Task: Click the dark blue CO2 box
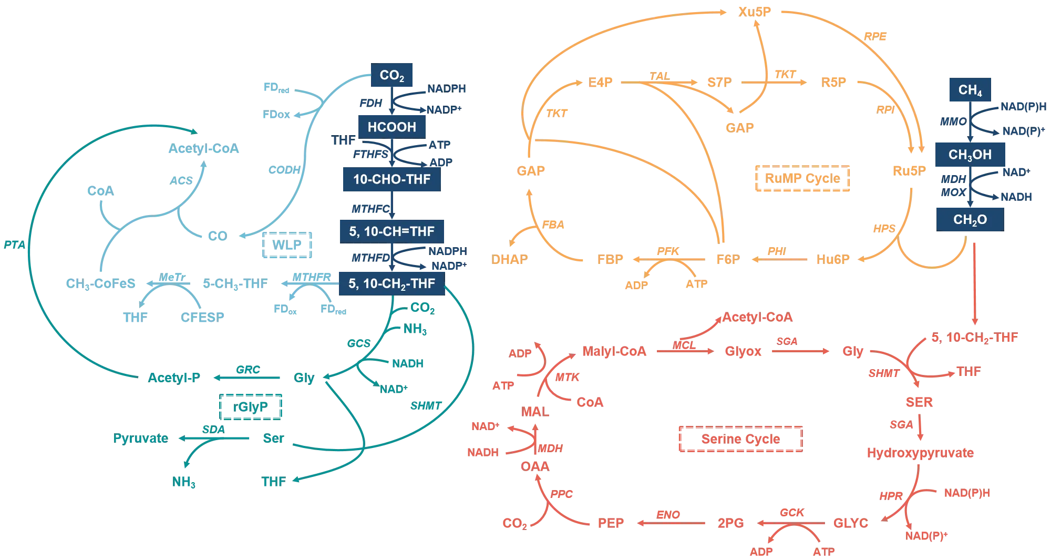tap(392, 76)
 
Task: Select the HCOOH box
tap(391, 127)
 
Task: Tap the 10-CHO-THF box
tap(391, 179)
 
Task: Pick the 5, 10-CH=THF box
tap(391, 231)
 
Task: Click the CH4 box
tap(970, 90)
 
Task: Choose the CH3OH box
tap(970, 155)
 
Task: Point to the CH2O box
tap(970, 219)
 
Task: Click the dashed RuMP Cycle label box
tap(801, 179)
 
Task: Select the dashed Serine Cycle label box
tap(740, 439)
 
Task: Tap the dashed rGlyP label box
tap(251, 406)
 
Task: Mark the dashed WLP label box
tap(288, 246)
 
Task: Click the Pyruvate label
tap(141, 439)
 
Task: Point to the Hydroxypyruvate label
tap(920, 453)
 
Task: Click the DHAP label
tap(510, 259)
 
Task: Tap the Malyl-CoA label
tap(614, 351)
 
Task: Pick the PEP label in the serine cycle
tap(611, 523)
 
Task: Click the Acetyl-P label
tap(174, 378)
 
